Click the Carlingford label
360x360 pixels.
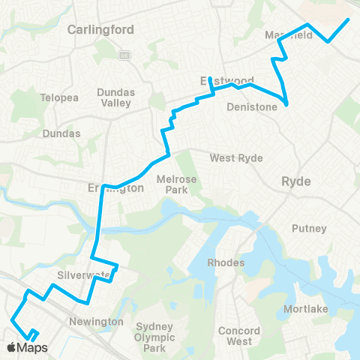(x=100, y=30)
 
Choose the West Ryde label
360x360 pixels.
(x=234, y=157)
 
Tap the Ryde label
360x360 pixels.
(x=296, y=181)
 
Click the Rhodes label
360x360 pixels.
(x=226, y=262)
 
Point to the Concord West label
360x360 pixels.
(x=239, y=336)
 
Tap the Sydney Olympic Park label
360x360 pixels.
(x=154, y=337)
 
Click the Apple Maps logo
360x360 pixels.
(x=27, y=347)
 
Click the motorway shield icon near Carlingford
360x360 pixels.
(x=124, y=55)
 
